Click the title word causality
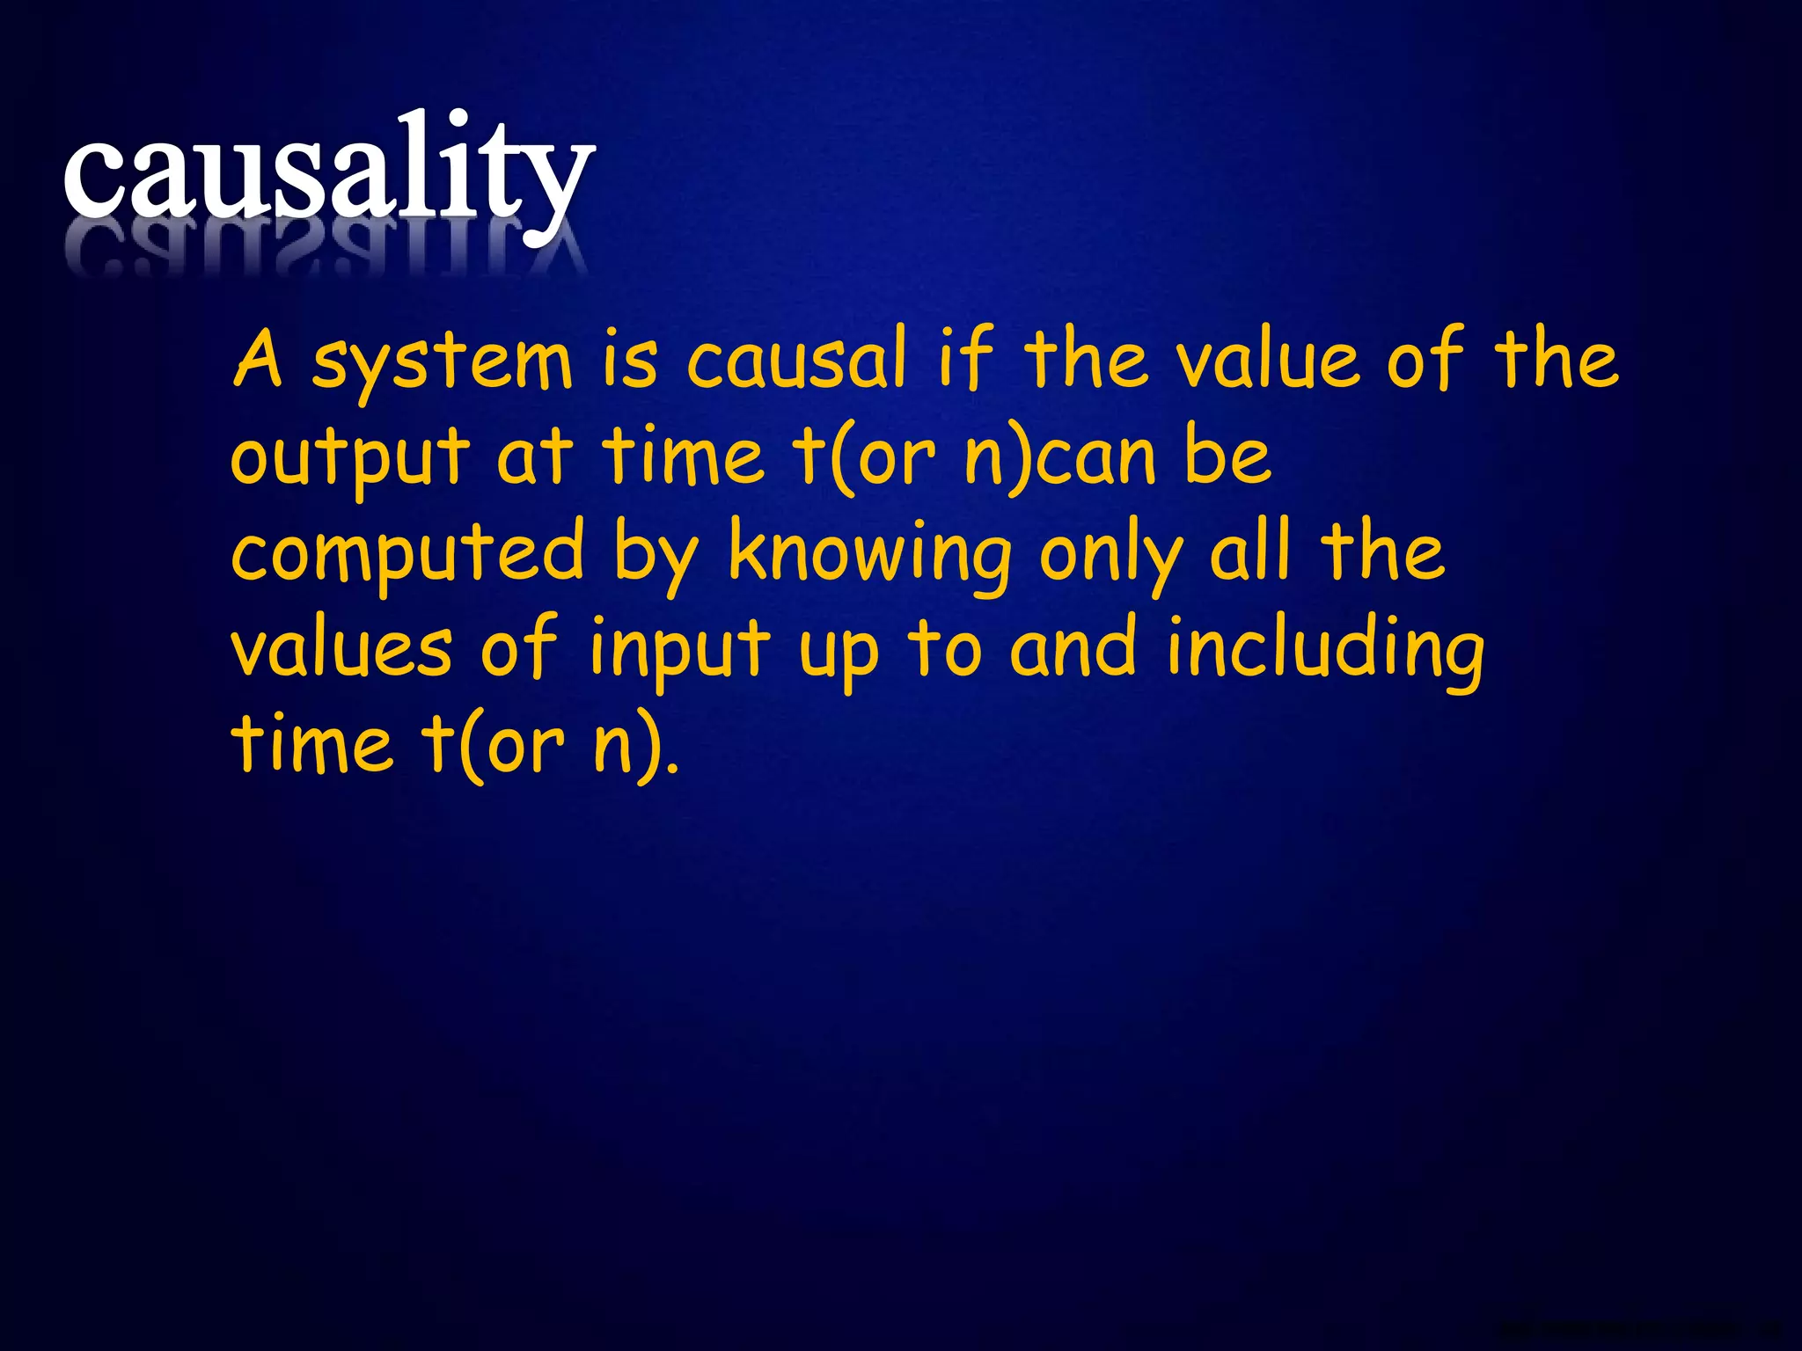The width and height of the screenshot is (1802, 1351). tap(328, 172)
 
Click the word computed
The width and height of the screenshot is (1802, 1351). tap(407, 554)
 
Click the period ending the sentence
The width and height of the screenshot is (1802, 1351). tap(673, 766)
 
